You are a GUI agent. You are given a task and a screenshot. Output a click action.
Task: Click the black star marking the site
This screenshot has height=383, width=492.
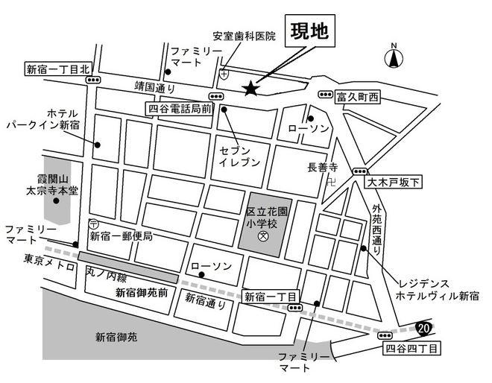coord(250,89)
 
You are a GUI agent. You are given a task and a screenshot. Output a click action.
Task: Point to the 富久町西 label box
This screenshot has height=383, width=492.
coord(358,96)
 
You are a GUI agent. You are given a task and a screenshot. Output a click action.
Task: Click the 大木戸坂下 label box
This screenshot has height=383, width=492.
coord(394,181)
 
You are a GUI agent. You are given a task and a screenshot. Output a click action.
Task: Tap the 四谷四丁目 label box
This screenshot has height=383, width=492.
coord(411,347)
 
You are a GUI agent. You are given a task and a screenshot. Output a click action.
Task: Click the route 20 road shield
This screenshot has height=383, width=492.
coord(423,326)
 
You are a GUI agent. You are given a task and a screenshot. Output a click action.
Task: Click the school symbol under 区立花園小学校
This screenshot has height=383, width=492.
coord(262,237)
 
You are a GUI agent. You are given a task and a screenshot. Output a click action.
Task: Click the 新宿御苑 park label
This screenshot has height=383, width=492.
coord(116,337)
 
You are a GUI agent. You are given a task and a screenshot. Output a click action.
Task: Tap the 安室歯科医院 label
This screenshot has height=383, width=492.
coord(244,35)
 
